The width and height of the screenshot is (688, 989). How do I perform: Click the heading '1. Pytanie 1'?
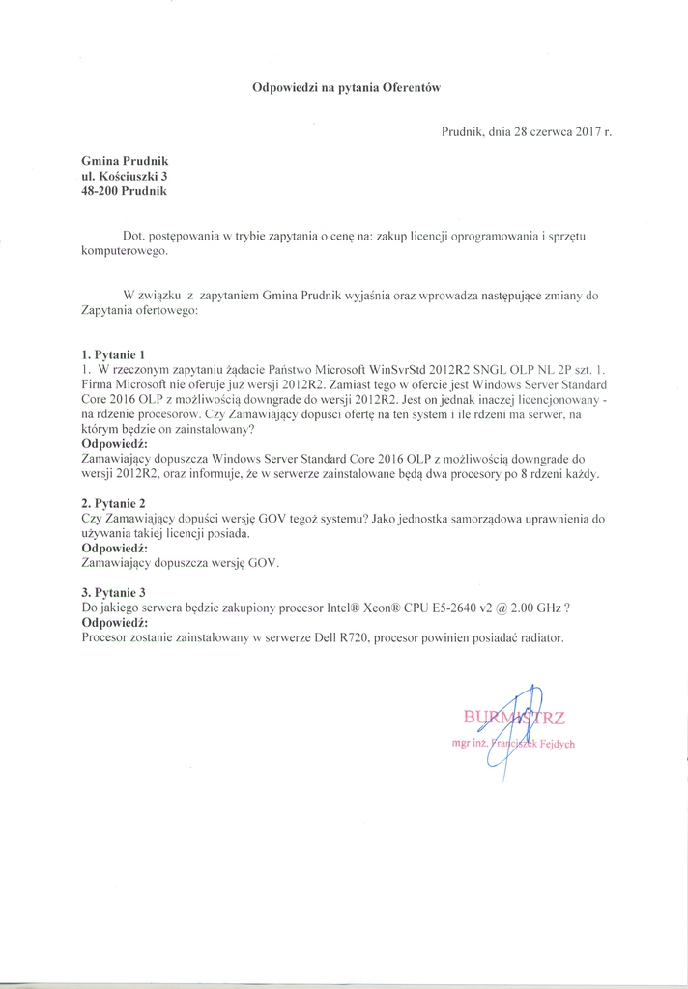click(113, 354)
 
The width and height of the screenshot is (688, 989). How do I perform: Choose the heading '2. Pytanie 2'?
click(113, 503)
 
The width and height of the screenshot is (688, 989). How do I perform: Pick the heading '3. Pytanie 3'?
click(113, 592)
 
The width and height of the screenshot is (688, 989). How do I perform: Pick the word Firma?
click(100, 384)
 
